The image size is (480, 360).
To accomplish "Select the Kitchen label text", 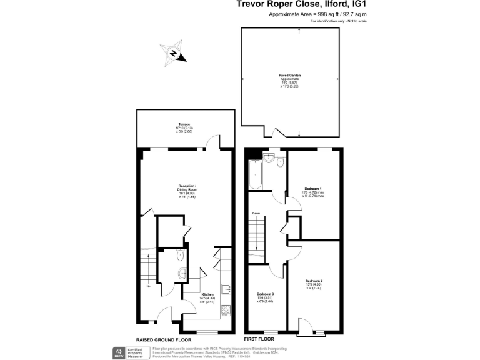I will click(207, 294).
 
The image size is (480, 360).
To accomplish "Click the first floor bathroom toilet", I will click(279, 162).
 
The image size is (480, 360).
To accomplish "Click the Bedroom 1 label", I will click(313, 188).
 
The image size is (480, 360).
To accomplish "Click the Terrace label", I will click(183, 125).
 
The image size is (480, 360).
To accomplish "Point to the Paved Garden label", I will click(290, 75).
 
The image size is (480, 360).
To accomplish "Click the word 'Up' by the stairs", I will click(149, 287).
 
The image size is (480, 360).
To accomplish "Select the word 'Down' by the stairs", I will click(256, 214).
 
